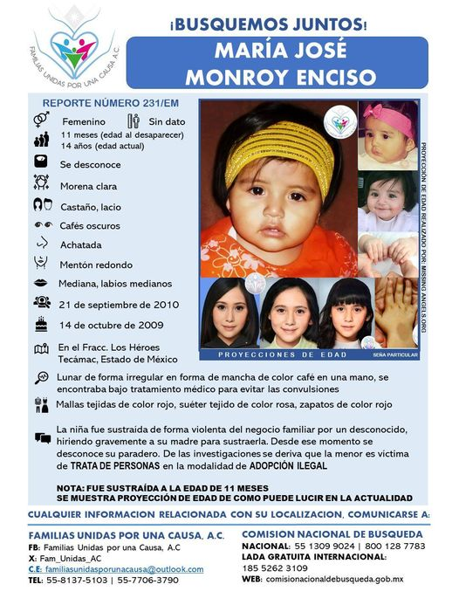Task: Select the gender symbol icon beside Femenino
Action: tap(41, 120)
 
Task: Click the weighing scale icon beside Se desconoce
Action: tap(41, 162)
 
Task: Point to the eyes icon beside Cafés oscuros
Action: tap(41, 224)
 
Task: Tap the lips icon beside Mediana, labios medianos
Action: tap(41, 284)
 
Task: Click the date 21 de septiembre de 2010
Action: tap(119, 305)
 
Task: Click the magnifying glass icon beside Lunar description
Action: tap(41, 378)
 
